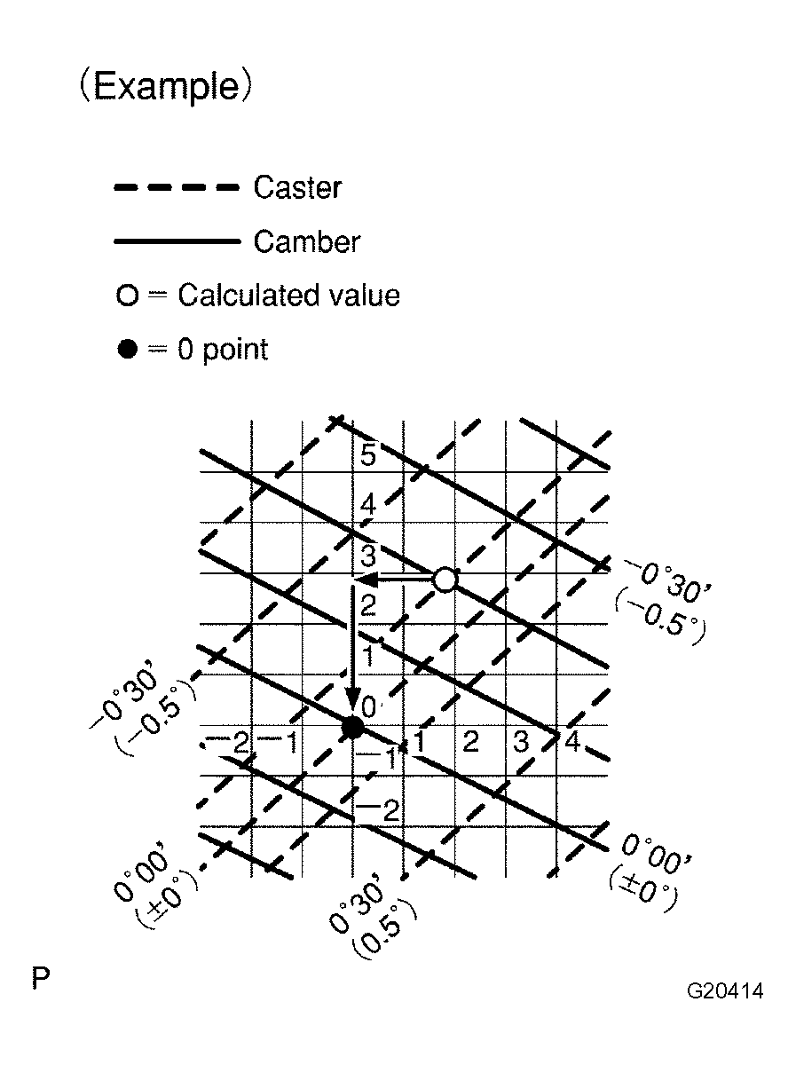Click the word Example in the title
pos(166,86)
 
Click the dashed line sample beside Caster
pos(177,187)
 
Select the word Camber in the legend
pos(307,241)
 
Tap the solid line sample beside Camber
pos(177,241)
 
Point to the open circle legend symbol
pos(128,296)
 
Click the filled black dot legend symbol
pos(128,349)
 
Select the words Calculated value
pos(289,295)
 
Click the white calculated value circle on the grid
pos(445,580)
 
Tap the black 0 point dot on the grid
pos(352,727)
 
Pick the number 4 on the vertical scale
pos(368,505)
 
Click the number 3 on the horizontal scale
pos(521,741)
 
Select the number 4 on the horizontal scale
pos(572,741)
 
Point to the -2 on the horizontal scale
pos(229,742)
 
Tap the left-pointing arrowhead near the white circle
pos(366,580)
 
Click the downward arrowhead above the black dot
pos(352,699)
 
